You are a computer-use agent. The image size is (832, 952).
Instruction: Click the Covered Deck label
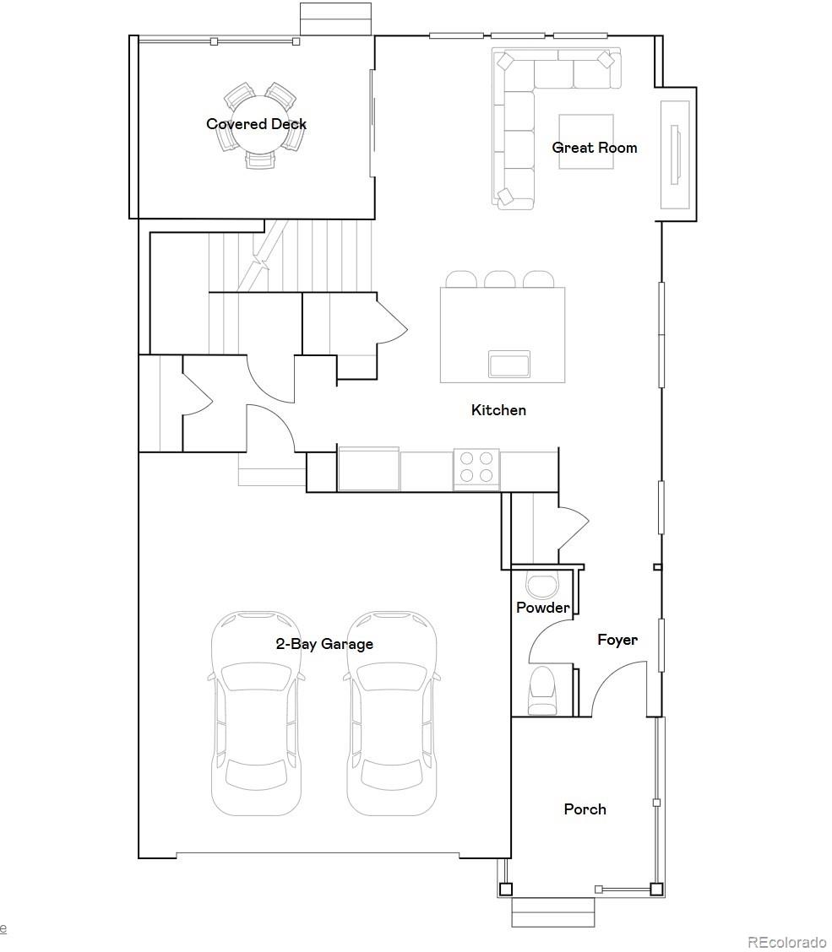click(257, 124)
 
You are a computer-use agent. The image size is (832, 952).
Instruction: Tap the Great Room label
click(595, 148)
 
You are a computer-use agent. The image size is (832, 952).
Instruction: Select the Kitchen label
click(498, 410)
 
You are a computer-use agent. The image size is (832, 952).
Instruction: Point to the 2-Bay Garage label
click(324, 644)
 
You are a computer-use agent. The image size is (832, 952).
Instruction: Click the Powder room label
click(543, 607)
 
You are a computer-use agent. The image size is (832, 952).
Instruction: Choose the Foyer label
click(617, 640)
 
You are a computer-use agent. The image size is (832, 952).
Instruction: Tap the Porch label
click(585, 809)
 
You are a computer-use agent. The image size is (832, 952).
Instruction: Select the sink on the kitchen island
click(509, 365)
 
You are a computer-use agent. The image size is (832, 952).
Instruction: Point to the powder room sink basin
click(541, 584)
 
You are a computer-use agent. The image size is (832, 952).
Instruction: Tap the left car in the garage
click(256, 713)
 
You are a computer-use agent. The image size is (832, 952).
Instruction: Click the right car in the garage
click(392, 713)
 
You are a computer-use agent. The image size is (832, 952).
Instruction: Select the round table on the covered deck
click(261, 124)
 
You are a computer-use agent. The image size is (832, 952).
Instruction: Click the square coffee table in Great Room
click(586, 142)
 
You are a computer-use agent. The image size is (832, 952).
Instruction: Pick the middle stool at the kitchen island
click(499, 279)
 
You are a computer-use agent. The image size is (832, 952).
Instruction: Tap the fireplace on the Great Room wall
click(675, 154)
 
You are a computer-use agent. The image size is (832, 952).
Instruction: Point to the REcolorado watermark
click(786, 942)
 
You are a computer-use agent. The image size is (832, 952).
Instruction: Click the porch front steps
click(552, 912)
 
